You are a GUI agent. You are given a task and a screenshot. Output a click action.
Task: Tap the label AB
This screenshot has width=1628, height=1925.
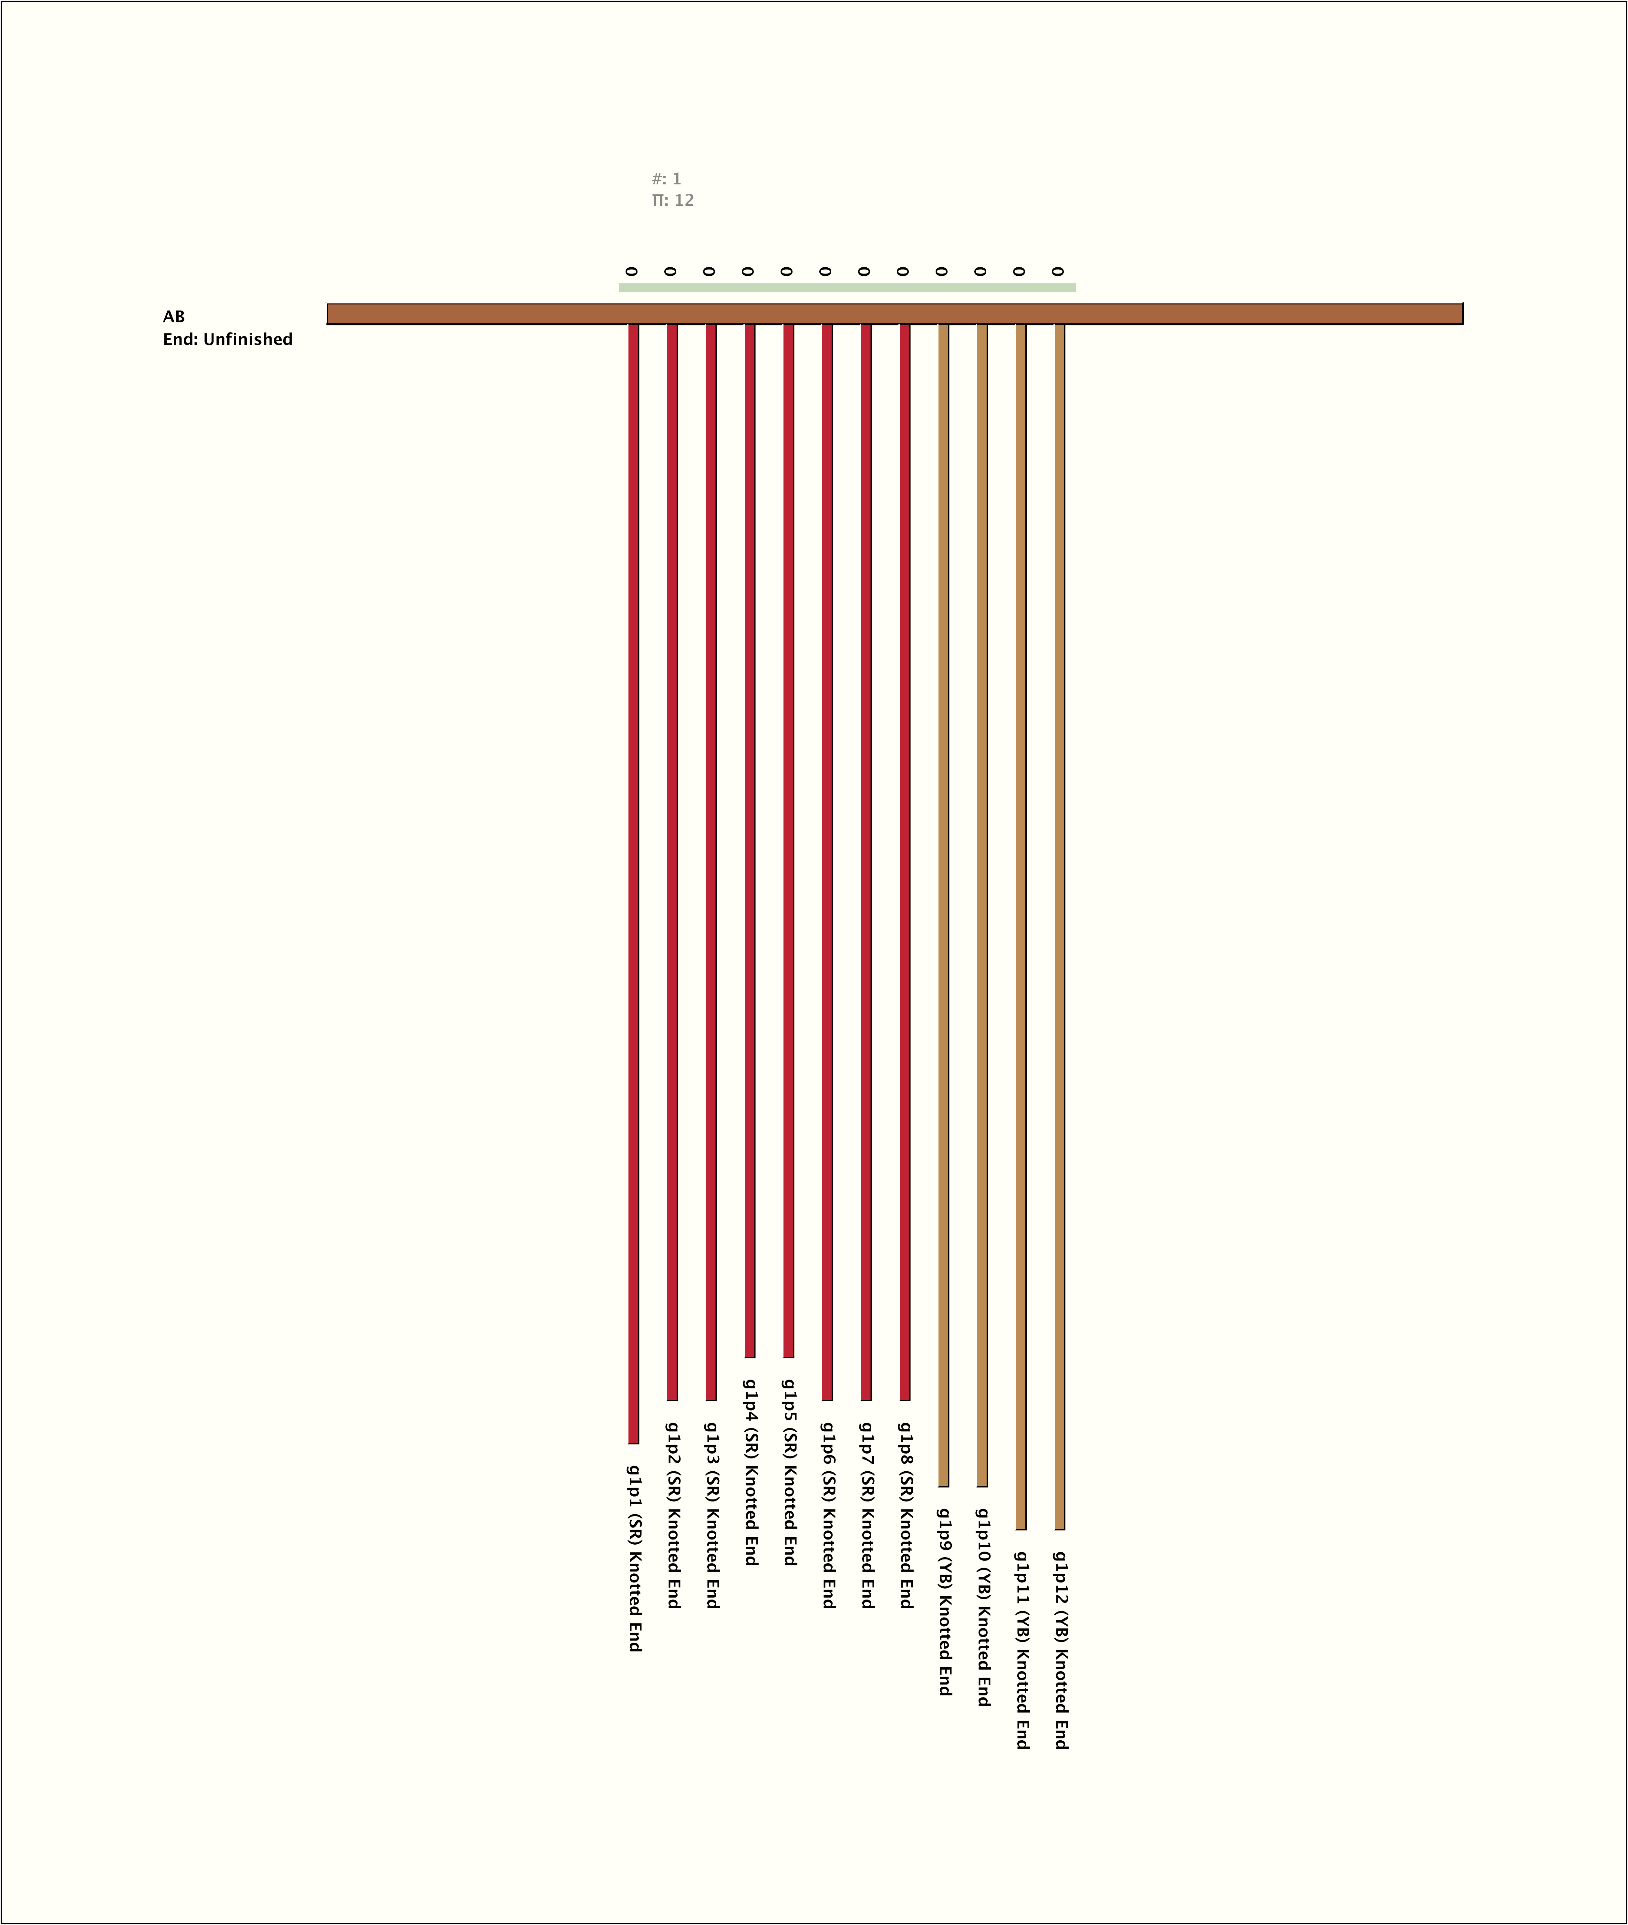tap(173, 316)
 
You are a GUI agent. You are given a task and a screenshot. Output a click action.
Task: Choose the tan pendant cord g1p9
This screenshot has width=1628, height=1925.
tap(943, 904)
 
